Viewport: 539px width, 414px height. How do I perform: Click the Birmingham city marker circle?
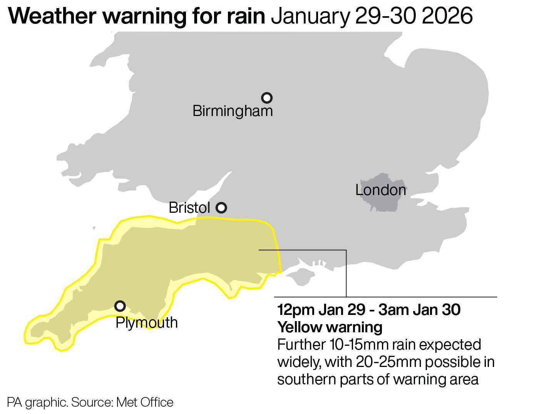267,98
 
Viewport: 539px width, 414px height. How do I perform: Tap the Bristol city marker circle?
221,208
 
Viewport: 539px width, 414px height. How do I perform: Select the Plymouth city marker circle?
120,306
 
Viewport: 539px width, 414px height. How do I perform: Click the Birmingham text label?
233,111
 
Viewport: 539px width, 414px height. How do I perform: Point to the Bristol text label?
189,208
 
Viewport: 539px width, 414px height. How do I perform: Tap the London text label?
380,190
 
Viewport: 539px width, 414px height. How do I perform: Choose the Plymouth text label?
147,323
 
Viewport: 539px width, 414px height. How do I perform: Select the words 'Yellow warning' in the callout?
330,327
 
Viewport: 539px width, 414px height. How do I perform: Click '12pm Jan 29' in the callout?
321,310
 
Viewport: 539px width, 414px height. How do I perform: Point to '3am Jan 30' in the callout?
419,310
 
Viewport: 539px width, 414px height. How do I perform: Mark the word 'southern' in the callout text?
306,379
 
